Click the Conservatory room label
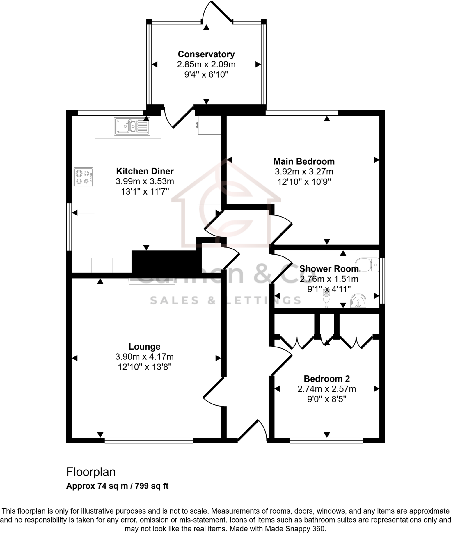(x=206, y=54)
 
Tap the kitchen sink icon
(x=132, y=126)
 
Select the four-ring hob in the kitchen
(x=84, y=177)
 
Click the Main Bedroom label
(x=304, y=161)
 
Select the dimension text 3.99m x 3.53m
(x=145, y=181)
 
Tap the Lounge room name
(x=144, y=347)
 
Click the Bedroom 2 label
(x=326, y=379)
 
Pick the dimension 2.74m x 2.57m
(x=326, y=389)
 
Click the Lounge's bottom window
(x=149, y=441)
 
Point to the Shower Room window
(x=383, y=281)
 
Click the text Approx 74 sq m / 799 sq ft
(x=117, y=486)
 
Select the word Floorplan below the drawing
(x=91, y=472)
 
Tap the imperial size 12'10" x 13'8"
(x=144, y=367)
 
